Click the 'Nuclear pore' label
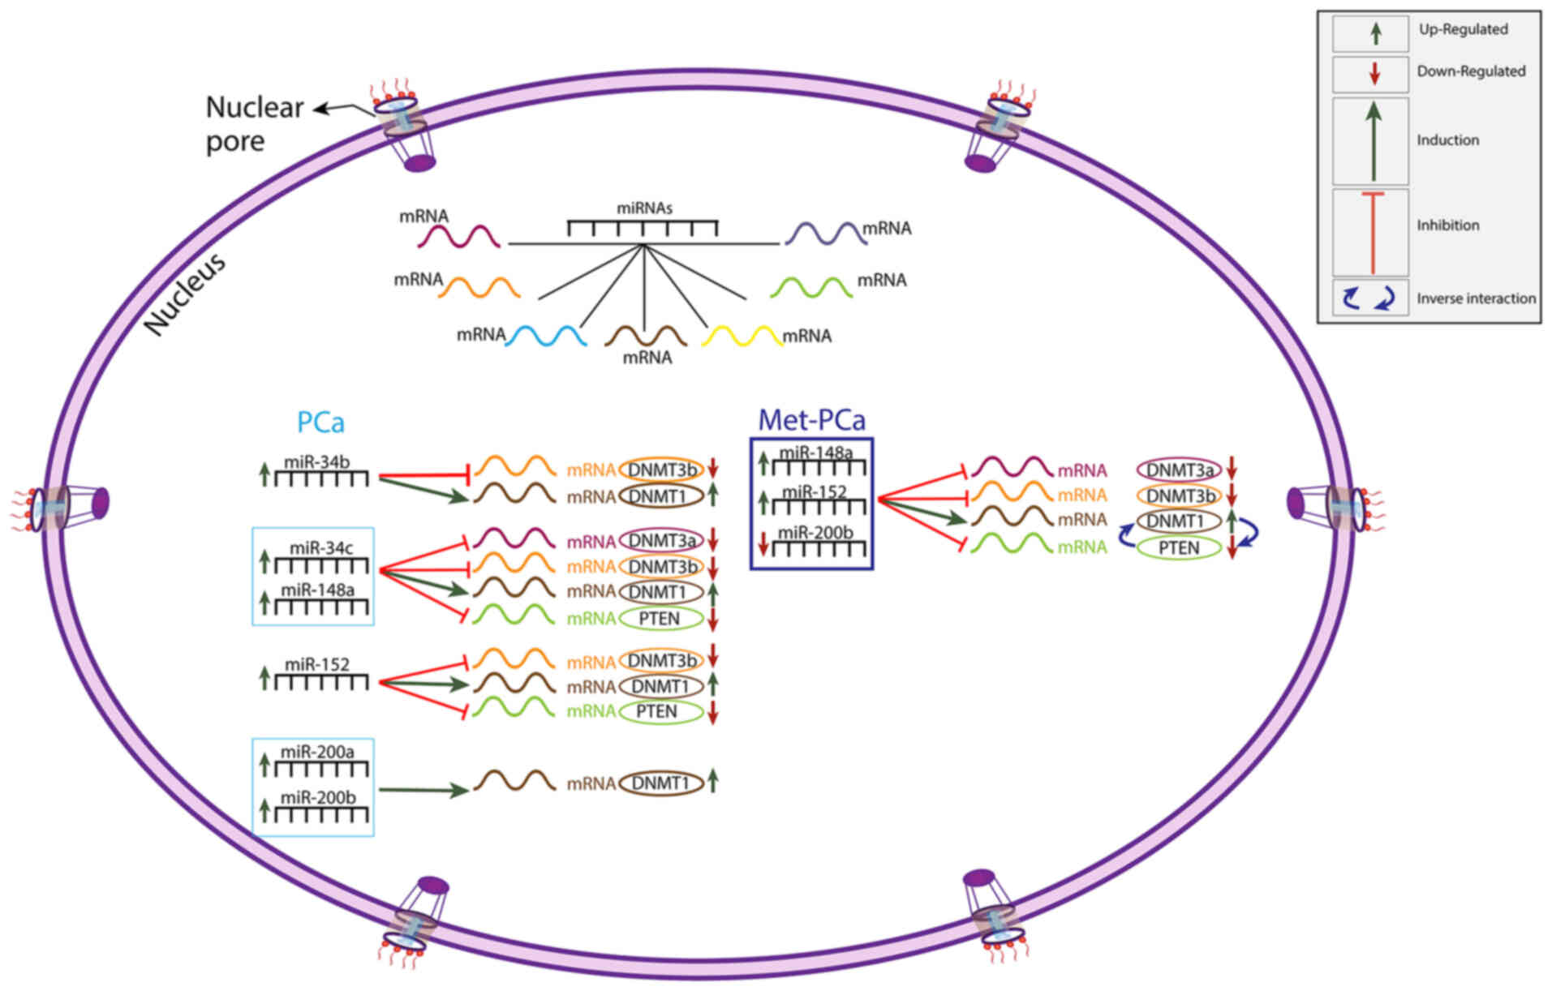point(254,123)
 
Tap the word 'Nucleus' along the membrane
point(185,294)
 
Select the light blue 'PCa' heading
point(320,423)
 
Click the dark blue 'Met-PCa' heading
point(811,419)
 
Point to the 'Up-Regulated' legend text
point(1463,29)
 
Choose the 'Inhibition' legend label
point(1447,225)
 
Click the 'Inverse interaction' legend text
point(1476,298)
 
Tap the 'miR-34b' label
point(317,462)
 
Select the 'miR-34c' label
point(321,547)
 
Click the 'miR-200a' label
point(317,752)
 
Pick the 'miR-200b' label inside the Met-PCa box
point(815,533)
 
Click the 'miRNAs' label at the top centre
point(644,208)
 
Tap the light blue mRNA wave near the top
point(546,335)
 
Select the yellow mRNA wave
point(742,335)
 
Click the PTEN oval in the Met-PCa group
point(1179,548)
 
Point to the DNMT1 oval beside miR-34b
point(660,496)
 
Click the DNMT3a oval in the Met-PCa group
point(1179,470)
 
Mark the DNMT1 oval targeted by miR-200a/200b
point(660,783)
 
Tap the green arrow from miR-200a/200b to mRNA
point(423,789)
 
